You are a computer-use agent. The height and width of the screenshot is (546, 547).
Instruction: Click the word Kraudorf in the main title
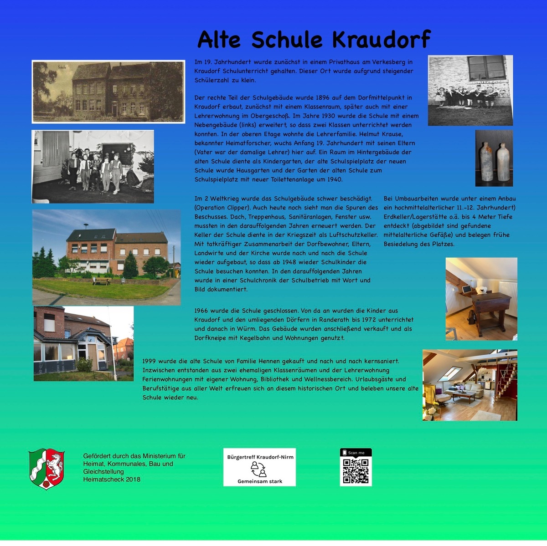coord(381,39)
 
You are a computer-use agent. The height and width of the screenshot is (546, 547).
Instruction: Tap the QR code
coord(356,471)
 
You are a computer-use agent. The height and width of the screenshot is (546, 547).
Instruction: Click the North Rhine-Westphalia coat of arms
coord(46,469)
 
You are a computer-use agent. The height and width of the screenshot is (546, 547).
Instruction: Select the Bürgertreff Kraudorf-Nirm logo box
coord(259,467)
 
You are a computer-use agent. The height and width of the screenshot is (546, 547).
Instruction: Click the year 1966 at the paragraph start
coord(201,311)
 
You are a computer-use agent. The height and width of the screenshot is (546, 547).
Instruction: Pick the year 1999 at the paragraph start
coord(149,361)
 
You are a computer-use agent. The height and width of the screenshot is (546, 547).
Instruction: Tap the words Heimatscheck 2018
coord(112,479)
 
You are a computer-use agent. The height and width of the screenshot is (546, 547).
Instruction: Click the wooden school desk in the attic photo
coord(490,305)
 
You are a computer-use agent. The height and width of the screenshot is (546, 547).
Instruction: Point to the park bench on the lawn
coord(101,281)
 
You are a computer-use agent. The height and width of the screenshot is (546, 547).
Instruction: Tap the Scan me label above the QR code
coord(356,453)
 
